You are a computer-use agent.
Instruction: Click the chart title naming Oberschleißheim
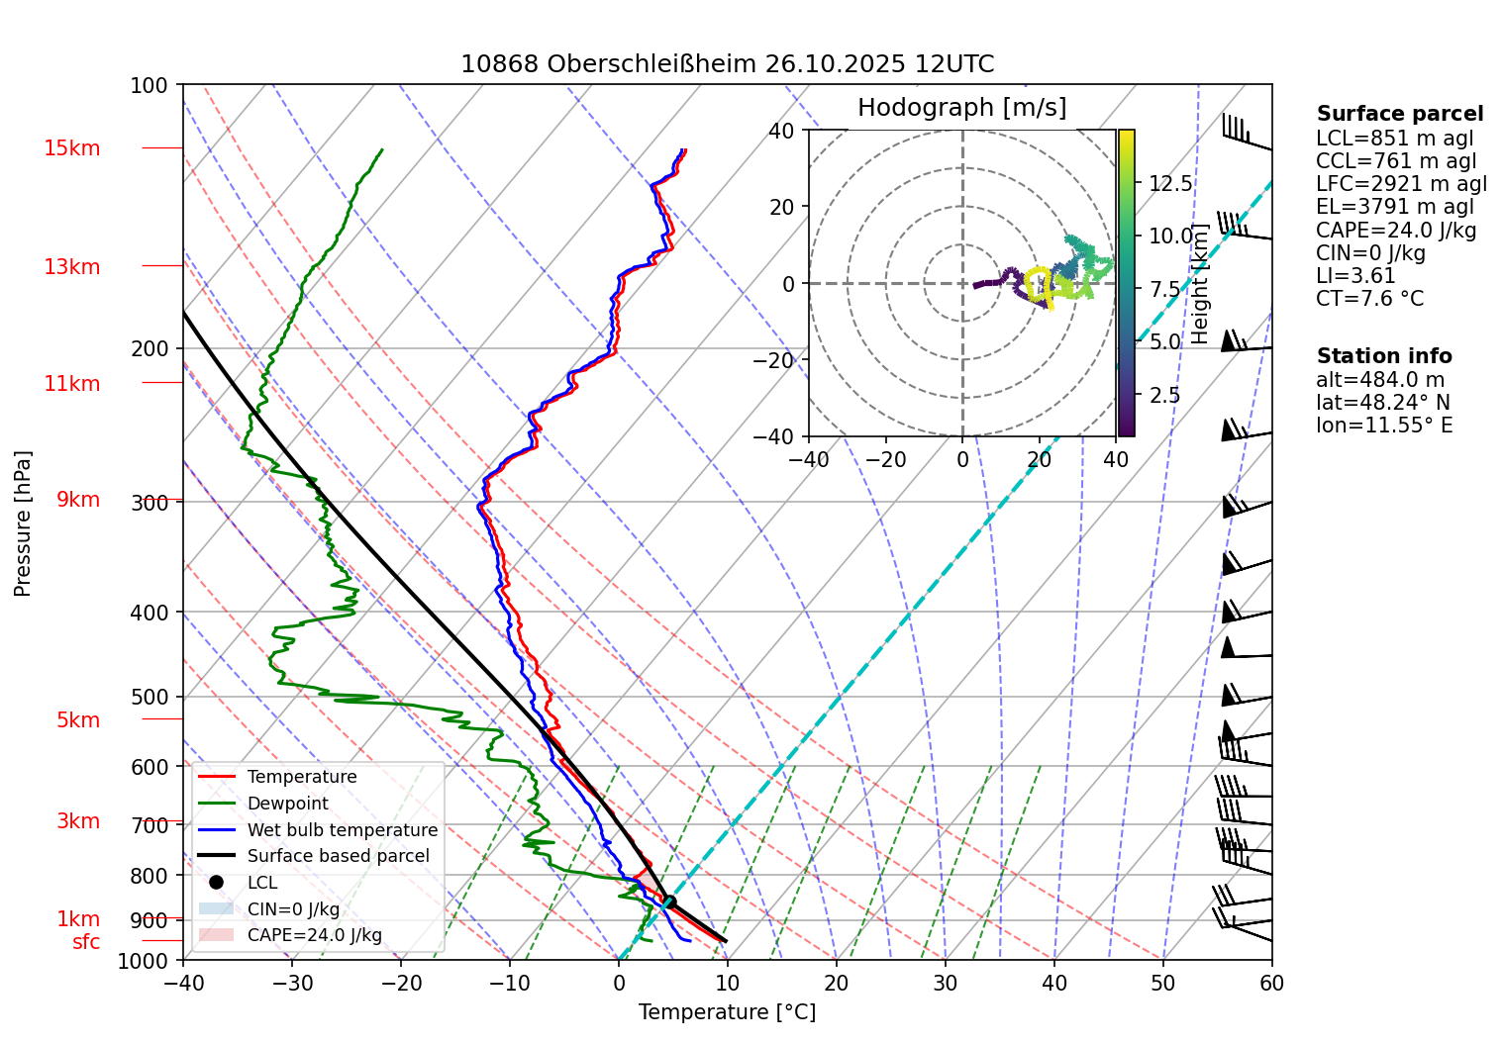(727, 64)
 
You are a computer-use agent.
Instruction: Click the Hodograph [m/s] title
(961, 107)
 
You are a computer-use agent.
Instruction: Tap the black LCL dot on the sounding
(669, 902)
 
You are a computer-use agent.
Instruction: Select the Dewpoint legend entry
(287, 804)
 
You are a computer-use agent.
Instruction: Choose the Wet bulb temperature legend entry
(342, 830)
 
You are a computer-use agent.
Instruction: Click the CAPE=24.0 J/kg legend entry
(314, 935)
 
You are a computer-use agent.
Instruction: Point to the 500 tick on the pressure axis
(150, 697)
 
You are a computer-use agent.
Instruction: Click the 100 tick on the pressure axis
(150, 86)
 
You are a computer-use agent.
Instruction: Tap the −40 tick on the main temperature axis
(183, 983)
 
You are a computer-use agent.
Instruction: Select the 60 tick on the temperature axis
(1271, 983)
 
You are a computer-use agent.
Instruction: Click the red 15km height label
(71, 148)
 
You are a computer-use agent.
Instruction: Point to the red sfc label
(86, 942)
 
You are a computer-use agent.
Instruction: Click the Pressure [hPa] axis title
(23, 522)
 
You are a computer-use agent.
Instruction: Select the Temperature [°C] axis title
(727, 1012)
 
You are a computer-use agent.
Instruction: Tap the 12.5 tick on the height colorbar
(1170, 184)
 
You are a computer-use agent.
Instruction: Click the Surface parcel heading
(1399, 114)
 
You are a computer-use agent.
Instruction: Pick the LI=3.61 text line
(1354, 276)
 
